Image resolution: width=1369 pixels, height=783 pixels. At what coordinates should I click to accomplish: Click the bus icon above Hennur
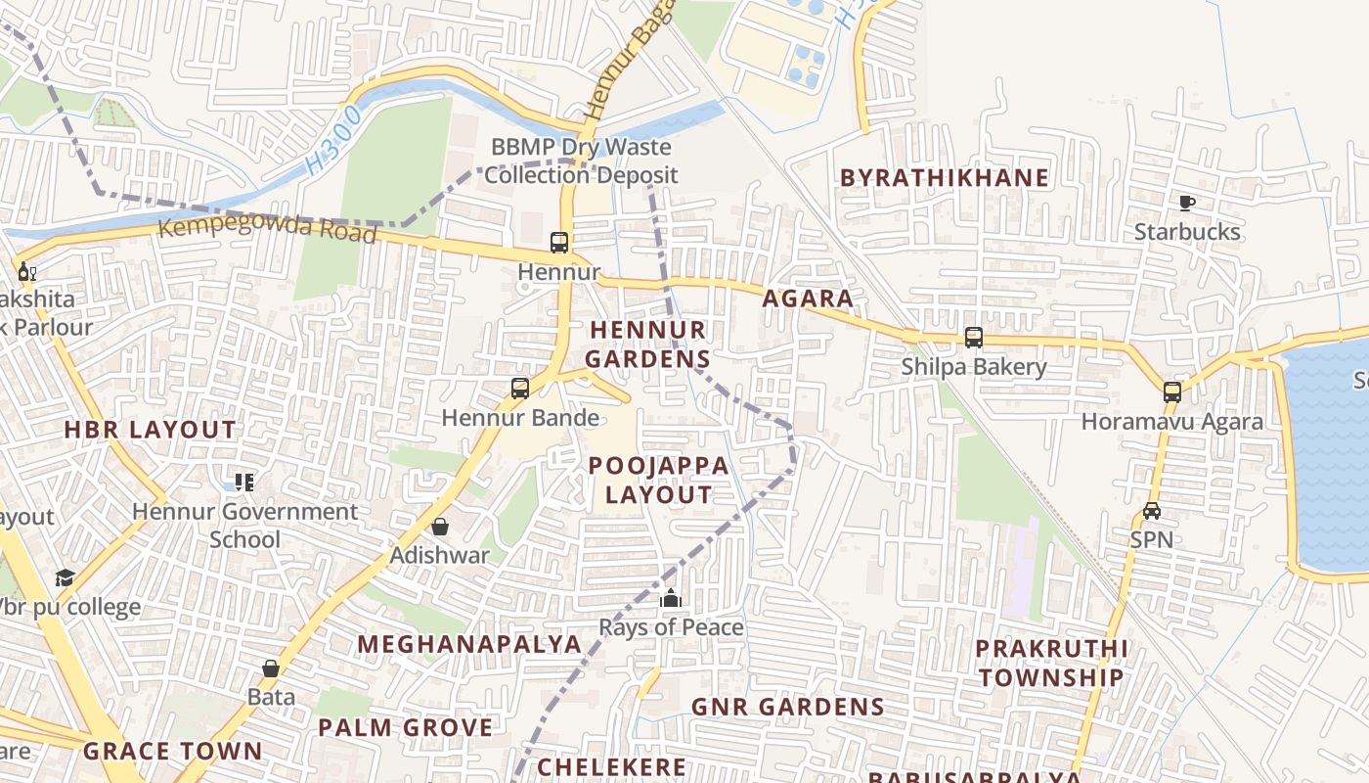point(558,242)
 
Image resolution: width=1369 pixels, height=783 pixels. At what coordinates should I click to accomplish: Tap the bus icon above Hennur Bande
point(520,389)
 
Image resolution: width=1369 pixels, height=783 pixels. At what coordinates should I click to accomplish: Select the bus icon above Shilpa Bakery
point(973,338)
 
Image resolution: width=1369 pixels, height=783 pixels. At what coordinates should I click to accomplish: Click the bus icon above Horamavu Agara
point(1171,392)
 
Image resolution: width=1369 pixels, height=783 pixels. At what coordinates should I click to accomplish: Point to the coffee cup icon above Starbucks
point(1186,204)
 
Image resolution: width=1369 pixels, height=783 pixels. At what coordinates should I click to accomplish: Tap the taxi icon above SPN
point(1152,511)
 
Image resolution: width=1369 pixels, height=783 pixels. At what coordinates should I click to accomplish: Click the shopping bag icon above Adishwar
point(440,527)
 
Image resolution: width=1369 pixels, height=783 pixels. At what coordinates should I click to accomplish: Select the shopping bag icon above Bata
point(271,668)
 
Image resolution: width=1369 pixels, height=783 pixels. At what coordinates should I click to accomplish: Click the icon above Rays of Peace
point(671,598)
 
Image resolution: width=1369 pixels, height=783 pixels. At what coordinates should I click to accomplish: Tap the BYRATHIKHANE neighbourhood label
point(945,178)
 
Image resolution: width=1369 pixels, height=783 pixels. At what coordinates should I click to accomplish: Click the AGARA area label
point(808,299)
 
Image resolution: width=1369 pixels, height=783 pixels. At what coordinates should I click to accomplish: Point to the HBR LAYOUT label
point(150,430)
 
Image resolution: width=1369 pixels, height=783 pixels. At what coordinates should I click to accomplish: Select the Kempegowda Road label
point(267,230)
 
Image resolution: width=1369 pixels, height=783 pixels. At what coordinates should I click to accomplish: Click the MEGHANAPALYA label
point(469,644)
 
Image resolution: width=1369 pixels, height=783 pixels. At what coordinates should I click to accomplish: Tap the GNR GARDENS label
point(787,707)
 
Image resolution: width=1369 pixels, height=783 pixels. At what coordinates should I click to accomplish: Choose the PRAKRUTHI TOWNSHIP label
point(1051,663)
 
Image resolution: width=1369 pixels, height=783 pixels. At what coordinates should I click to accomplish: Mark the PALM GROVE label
point(405,727)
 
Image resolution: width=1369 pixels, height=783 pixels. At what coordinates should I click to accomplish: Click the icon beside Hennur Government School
point(244,482)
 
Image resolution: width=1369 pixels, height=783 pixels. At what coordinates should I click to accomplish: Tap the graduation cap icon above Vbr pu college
point(65,577)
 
